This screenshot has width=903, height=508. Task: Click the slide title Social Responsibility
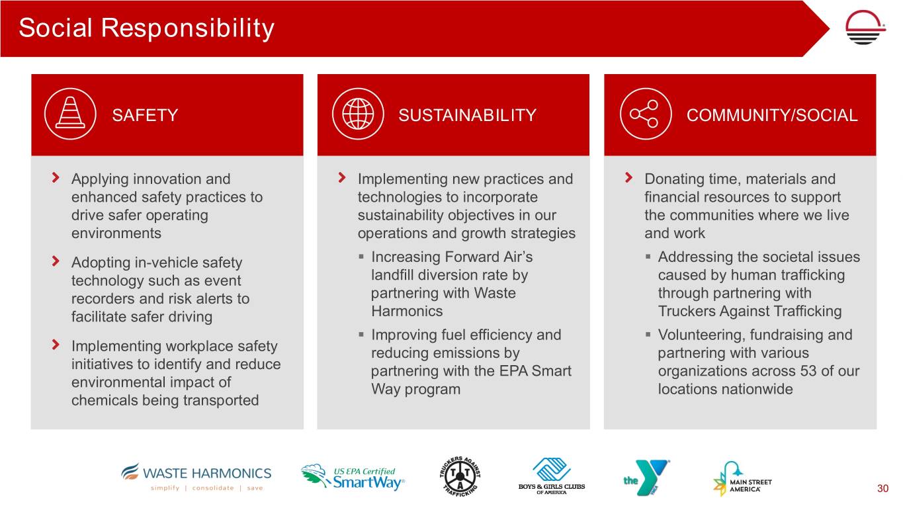click(146, 28)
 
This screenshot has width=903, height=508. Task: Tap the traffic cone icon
click(70, 114)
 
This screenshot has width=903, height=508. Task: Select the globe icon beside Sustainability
click(358, 114)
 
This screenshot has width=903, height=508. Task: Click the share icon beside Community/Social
click(646, 114)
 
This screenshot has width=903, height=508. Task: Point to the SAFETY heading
click(145, 115)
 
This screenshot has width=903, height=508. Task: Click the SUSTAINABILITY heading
click(467, 115)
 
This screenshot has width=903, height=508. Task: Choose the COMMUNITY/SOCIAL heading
click(772, 115)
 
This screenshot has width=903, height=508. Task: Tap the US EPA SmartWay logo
click(353, 478)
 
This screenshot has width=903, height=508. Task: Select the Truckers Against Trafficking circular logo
click(460, 476)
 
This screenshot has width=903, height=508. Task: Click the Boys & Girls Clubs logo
click(552, 476)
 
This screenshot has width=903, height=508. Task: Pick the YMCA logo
click(646, 478)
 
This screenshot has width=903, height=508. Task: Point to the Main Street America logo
click(742, 479)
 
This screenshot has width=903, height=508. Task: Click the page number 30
click(882, 488)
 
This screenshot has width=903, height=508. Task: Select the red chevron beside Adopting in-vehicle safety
click(56, 261)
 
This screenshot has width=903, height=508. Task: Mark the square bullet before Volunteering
click(648, 334)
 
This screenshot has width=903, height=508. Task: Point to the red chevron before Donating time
click(628, 177)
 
